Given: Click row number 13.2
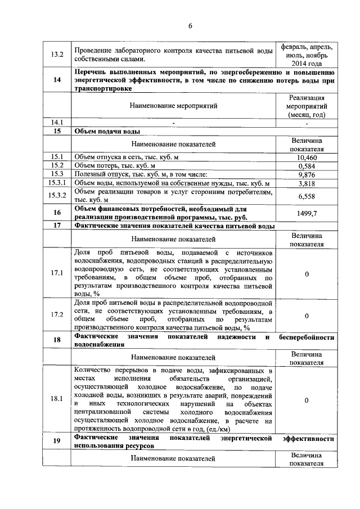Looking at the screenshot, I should coord(57,55).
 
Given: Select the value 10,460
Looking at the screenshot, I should coord(307,157).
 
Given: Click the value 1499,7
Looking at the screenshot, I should coord(307,214).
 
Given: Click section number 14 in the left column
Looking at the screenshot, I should coord(57,80).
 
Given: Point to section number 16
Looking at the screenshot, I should coord(57,214).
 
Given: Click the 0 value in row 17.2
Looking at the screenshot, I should coord(307,316).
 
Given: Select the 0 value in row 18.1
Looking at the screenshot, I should coord(307,400).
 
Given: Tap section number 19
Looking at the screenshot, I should coord(57,442).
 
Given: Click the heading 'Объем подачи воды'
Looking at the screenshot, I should coord(107,131).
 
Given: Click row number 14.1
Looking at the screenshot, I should coord(57,122).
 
